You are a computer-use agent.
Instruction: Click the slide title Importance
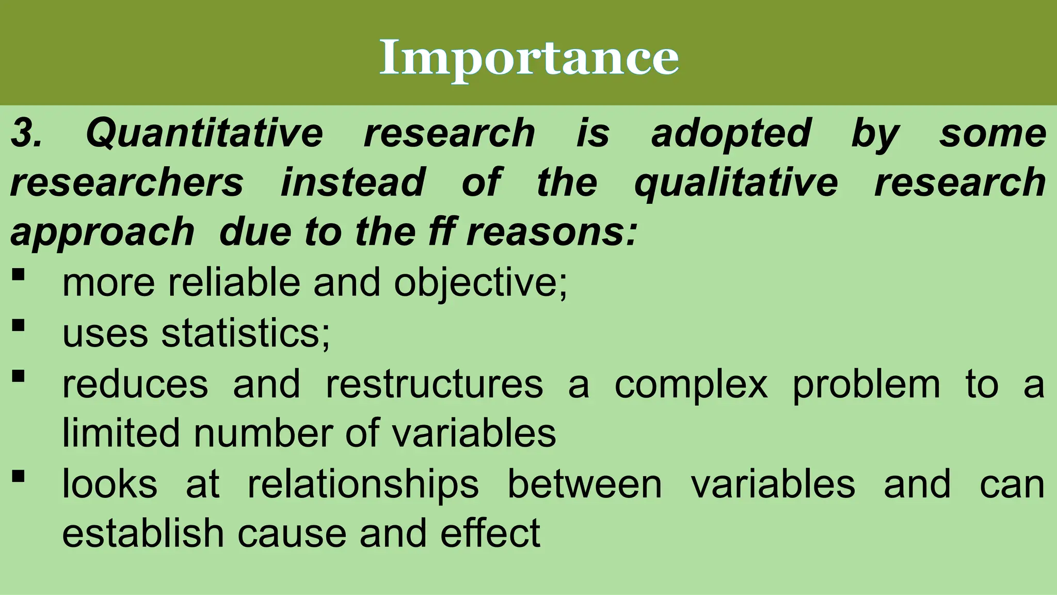click(x=528, y=58)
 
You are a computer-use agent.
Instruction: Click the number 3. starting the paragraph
click(x=26, y=133)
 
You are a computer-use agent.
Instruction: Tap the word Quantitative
click(x=204, y=133)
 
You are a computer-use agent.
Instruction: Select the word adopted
click(x=731, y=133)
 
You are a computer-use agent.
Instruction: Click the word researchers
click(x=126, y=183)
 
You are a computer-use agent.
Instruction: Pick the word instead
click(x=353, y=183)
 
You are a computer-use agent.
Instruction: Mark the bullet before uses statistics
click(x=18, y=325)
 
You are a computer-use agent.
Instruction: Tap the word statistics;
click(x=246, y=333)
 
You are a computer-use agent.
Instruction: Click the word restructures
click(x=435, y=384)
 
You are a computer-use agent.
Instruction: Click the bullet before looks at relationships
click(x=18, y=476)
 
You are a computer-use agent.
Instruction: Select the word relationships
click(x=363, y=484)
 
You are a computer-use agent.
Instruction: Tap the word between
click(x=584, y=484)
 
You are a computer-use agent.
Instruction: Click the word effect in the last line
click(x=490, y=533)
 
